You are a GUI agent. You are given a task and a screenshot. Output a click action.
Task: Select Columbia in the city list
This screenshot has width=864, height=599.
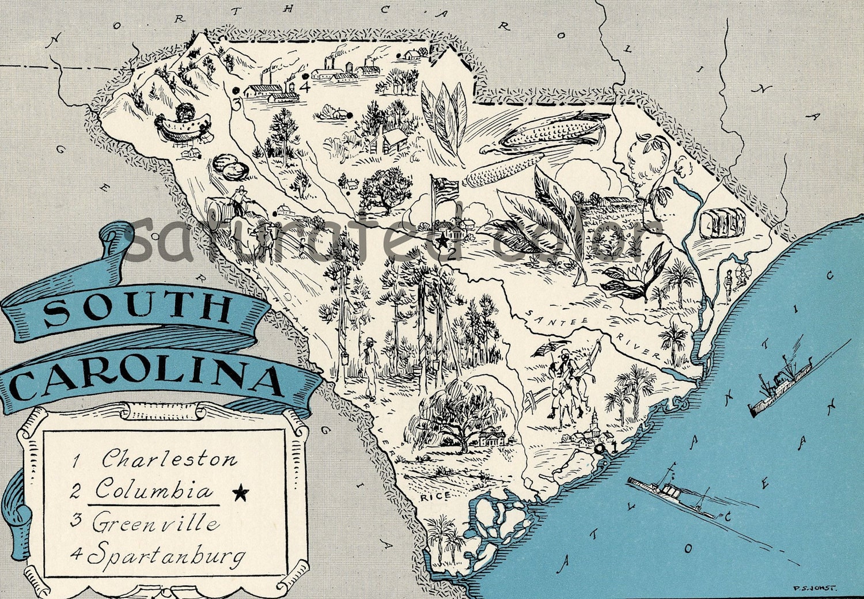tap(153, 490)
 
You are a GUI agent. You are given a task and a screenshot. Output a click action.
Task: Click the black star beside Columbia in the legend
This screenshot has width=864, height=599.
tap(240, 492)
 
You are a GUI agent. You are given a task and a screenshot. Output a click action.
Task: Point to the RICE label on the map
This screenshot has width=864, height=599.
tap(430, 496)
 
